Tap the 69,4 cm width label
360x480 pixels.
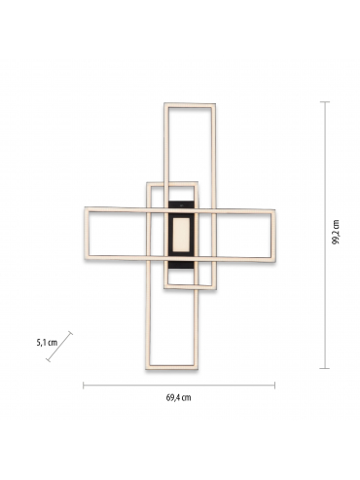(x=179, y=397)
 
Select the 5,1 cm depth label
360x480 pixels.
(x=47, y=343)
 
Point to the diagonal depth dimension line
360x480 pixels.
(x=59, y=347)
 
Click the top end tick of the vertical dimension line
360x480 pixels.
(x=325, y=102)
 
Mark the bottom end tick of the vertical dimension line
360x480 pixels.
(x=325, y=368)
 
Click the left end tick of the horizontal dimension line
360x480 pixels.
(x=84, y=386)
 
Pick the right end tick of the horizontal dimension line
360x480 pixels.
(x=274, y=386)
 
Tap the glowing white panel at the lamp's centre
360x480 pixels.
(x=181, y=235)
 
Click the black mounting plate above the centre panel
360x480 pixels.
(x=181, y=204)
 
